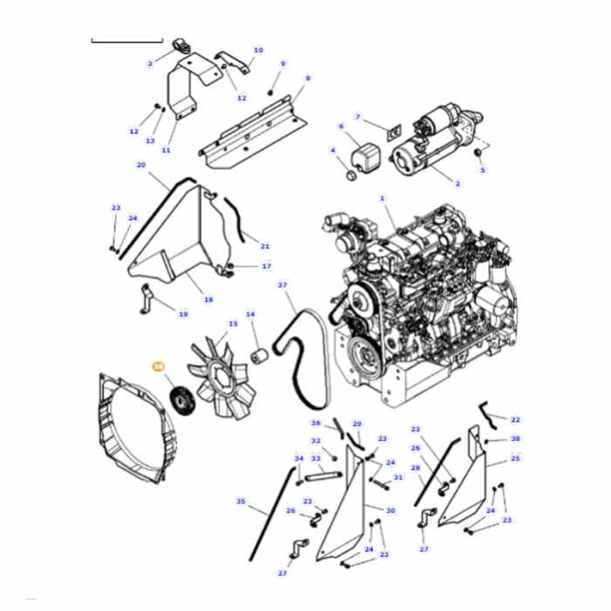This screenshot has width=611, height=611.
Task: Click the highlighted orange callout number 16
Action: pyautogui.click(x=158, y=367)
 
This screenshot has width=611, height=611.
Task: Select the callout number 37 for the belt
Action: pyautogui.click(x=282, y=285)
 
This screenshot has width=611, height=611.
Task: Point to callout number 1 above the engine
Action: pyautogui.click(x=381, y=199)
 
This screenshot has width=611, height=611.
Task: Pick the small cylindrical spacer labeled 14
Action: pyautogui.click(x=259, y=357)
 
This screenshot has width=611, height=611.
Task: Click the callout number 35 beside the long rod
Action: pyautogui.click(x=240, y=502)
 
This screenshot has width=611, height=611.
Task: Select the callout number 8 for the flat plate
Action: pyautogui.click(x=307, y=79)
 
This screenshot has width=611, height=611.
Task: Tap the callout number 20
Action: pyautogui.click(x=141, y=164)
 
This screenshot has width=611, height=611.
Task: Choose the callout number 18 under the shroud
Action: pyautogui.click(x=208, y=299)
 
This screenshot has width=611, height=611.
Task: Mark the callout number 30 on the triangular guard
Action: pyautogui.click(x=390, y=511)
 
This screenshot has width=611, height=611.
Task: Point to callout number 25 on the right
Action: pyautogui.click(x=515, y=458)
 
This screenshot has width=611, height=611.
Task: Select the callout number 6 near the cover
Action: pyautogui.click(x=341, y=126)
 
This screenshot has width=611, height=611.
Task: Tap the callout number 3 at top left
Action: pyautogui.click(x=149, y=63)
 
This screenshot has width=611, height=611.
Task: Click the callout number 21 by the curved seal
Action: pyautogui.click(x=265, y=247)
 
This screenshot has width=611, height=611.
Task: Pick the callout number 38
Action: pyautogui.click(x=515, y=439)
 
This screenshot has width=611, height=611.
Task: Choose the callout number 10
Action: pyautogui.click(x=257, y=51)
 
